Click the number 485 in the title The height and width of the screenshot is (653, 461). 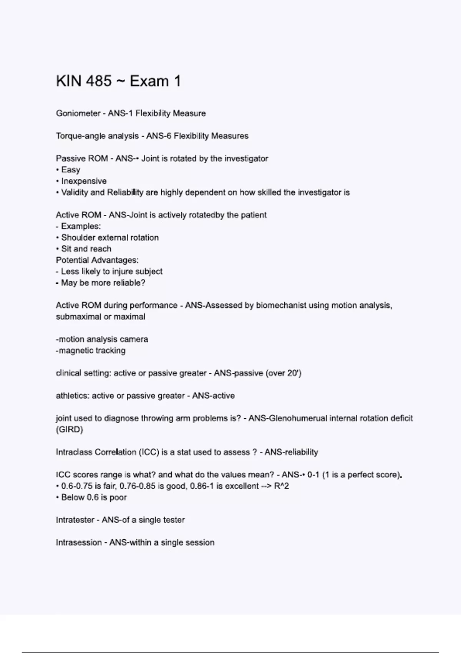point(99,81)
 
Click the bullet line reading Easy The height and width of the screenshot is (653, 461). point(70,170)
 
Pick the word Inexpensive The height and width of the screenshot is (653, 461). point(84,181)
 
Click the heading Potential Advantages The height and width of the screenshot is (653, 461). point(97,260)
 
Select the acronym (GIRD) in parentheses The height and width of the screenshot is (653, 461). point(70,429)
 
